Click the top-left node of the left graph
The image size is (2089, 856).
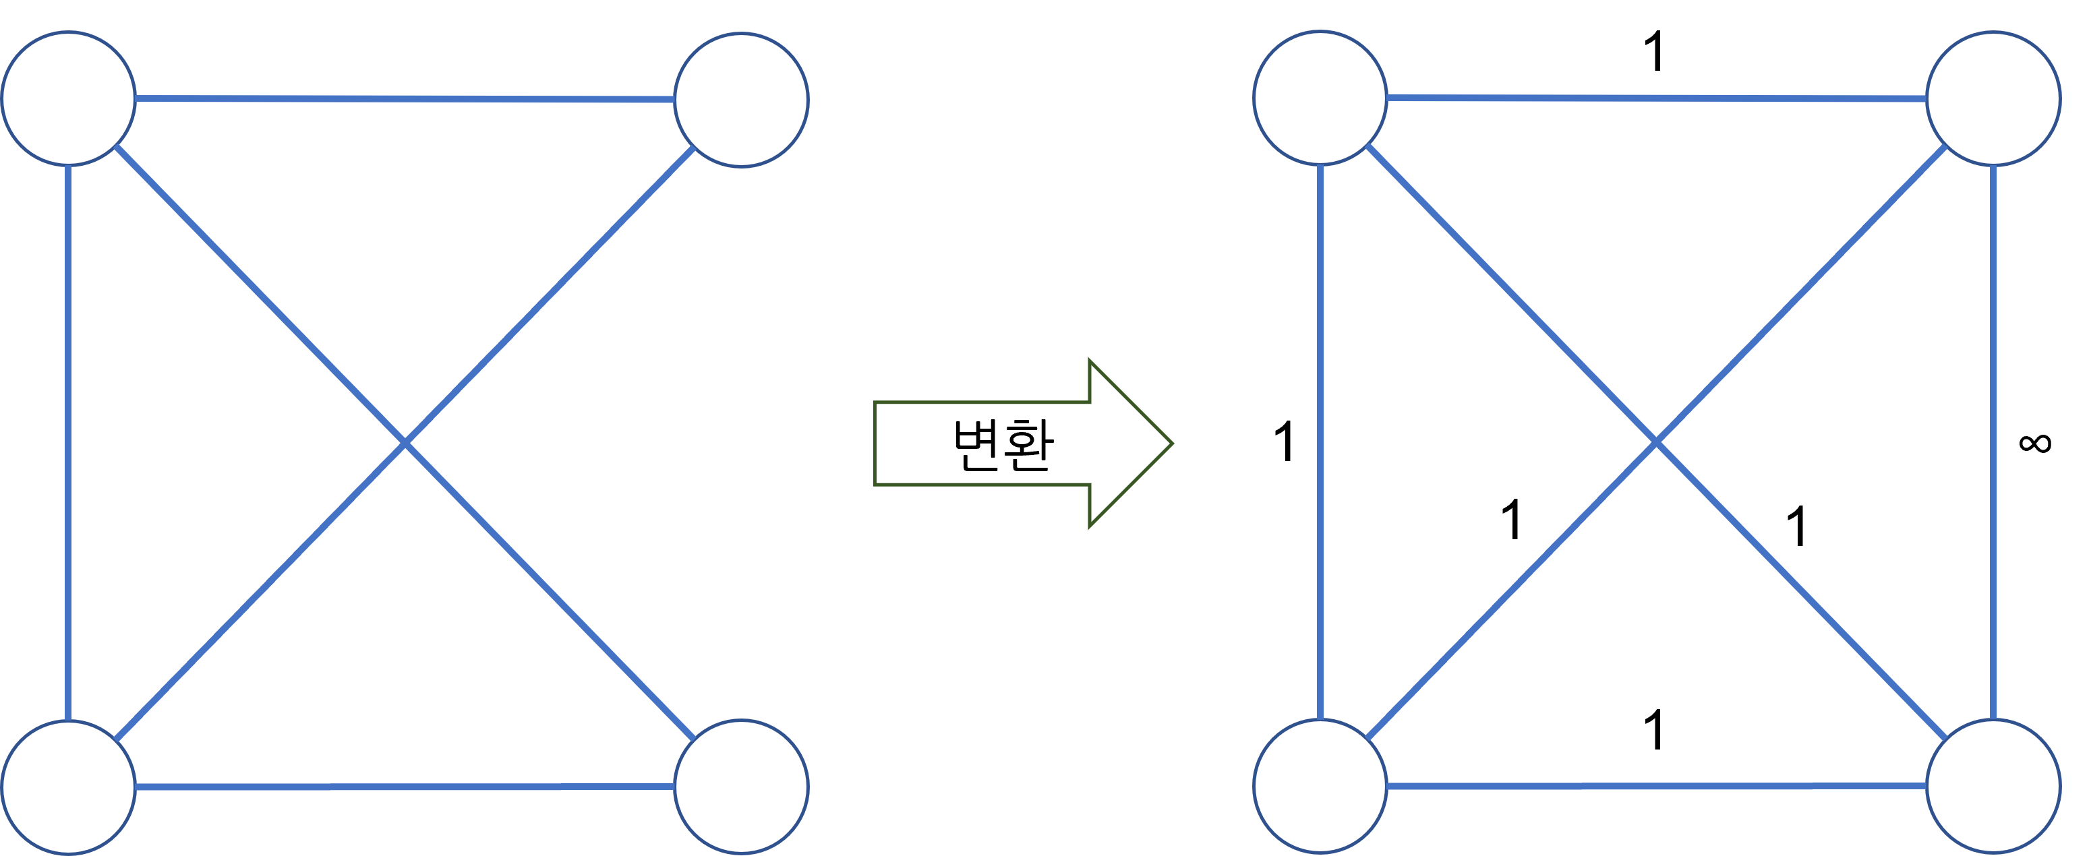coord(68,98)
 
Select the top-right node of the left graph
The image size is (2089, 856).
coord(741,100)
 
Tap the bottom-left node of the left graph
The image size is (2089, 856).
coord(68,787)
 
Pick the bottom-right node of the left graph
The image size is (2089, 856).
coord(741,787)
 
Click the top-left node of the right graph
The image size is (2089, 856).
coord(1320,98)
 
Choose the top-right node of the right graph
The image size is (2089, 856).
coord(1993,99)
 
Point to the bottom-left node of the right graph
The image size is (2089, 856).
coord(1320,785)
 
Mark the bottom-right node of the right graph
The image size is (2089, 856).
coord(1993,785)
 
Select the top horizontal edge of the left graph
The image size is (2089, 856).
coord(405,99)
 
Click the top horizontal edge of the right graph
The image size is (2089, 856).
coord(1657,98)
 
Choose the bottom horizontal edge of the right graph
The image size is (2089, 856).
coord(1657,785)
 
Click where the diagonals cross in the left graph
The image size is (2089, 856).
coord(405,443)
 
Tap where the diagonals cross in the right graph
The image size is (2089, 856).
coord(1656,443)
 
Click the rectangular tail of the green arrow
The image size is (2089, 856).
coord(973,444)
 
